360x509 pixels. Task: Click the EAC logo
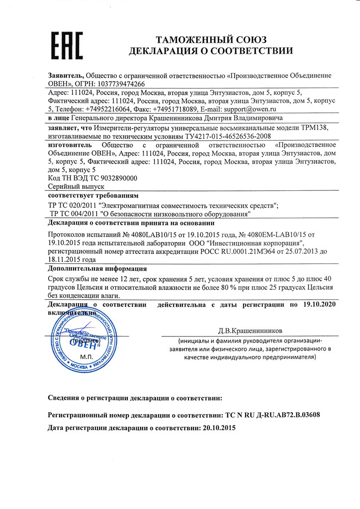point(67,45)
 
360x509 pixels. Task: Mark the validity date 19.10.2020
point(319,303)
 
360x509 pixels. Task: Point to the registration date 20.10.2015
point(217,427)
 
